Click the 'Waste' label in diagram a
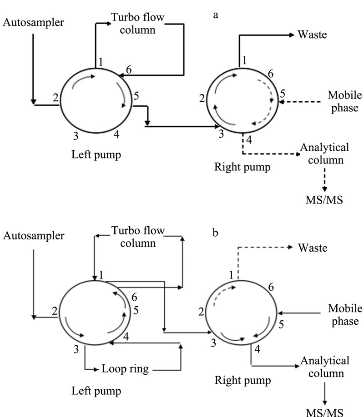pyautogui.click(x=312, y=35)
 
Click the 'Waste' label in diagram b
pyautogui.click(x=313, y=248)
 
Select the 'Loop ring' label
pyautogui.click(x=125, y=369)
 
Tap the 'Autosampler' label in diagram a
pyautogui.click(x=33, y=22)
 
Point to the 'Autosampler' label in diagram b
pyautogui.click(x=34, y=236)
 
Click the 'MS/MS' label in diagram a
pyautogui.click(x=324, y=200)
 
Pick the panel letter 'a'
pyautogui.click(x=216, y=15)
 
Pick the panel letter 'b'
pyautogui.click(x=215, y=233)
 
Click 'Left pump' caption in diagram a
pyautogui.click(x=96, y=155)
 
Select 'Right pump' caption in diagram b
pyautogui.click(x=243, y=380)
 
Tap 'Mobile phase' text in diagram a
pyautogui.click(x=345, y=102)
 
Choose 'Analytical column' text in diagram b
pyautogui.click(x=325, y=367)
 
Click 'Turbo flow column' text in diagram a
pyautogui.click(x=137, y=24)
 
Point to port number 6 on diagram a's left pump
pyautogui.click(x=129, y=69)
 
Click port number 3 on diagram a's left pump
pyautogui.click(x=76, y=136)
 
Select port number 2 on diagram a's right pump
pyautogui.click(x=202, y=99)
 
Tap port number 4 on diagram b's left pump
pyautogui.click(x=126, y=337)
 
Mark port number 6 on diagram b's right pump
pyautogui.click(x=271, y=287)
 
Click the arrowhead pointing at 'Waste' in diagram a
pyautogui.click(x=292, y=35)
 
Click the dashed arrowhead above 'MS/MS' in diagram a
pyautogui.click(x=324, y=189)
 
